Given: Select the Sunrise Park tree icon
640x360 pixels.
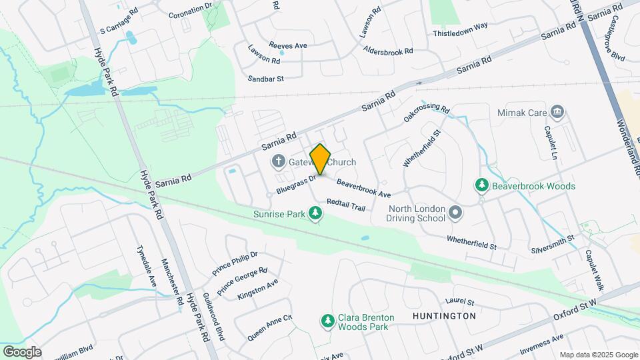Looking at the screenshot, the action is pyautogui.click(x=315, y=214).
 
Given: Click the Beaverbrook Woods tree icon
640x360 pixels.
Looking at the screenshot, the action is pyautogui.click(x=481, y=186).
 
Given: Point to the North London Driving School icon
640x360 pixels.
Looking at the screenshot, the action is pyautogui.click(x=455, y=213).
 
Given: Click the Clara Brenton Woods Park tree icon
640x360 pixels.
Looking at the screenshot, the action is pyautogui.click(x=327, y=322).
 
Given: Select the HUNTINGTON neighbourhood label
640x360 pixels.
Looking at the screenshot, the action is pyautogui.click(x=444, y=315).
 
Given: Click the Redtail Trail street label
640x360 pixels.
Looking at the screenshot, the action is pyautogui.click(x=346, y=205).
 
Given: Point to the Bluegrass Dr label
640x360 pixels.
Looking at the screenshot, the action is pyautogui.click(x=295, y=185).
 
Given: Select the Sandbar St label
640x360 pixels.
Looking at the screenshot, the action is pyautogui.click(x=266, y=78).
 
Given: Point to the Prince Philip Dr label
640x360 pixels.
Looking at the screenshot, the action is pyautogui.click(x=235, y=263).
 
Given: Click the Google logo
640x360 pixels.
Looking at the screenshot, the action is pyautogui.click(x=22, y=351).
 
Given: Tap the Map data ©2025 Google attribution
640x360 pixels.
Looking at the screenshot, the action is pyautogui.click(x=599, y=355).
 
